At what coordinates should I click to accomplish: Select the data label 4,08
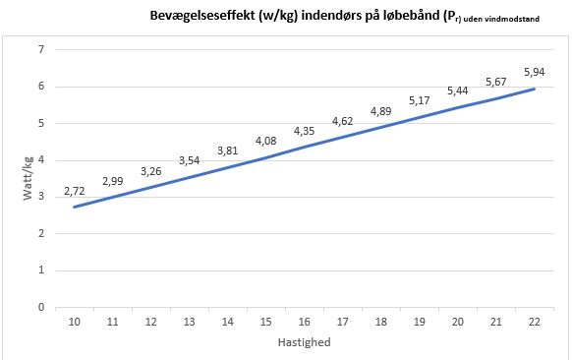[x=265, y=141]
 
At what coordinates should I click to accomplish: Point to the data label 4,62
[x=342, y=121]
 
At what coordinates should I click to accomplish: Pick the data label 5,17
[x=420, y=100]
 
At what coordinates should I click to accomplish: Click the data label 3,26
[x=150, y=170]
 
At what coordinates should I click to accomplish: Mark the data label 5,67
[x=496, y=82]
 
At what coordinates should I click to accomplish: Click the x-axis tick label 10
[x=74, y=322]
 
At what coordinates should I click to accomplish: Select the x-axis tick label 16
[x=304, y=322]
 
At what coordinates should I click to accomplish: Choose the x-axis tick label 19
[x=420, y=322]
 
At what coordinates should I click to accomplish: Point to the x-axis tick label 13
[x=189, y=322]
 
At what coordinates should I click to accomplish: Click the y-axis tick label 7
[x=42, y=49]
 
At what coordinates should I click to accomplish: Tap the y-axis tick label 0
[x=42, y=307]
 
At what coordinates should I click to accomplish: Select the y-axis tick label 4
[x=42, y=159]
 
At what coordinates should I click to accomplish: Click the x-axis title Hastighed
[x=304, y=342]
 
